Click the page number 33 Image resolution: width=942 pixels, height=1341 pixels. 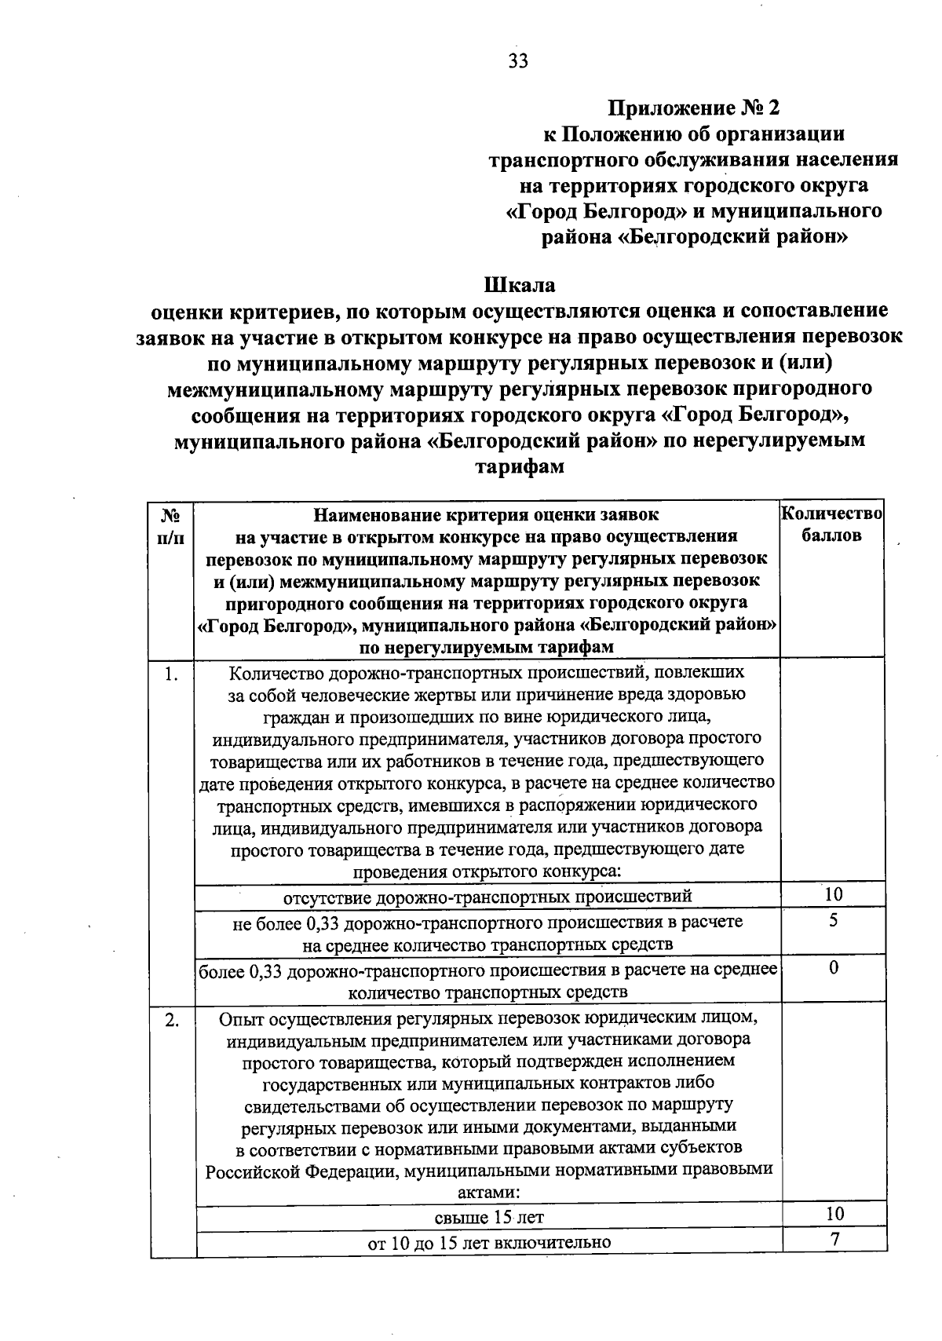518,62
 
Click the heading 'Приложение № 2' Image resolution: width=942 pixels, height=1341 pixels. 696,108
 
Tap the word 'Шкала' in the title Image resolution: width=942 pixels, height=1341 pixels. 519,285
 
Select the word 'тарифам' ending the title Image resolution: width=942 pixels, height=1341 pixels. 518,466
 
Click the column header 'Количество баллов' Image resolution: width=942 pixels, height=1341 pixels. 832,524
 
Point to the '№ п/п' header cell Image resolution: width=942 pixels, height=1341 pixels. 171,526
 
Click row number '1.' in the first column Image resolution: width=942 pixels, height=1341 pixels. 171,674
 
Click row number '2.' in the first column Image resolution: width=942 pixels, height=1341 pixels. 171,1020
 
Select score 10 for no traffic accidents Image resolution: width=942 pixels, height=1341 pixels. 834,894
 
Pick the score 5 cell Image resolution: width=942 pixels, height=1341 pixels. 834,921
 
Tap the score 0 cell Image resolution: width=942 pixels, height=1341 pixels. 834,968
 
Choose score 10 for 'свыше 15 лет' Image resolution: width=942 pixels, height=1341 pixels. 834,1214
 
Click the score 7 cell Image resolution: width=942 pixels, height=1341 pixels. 834,1240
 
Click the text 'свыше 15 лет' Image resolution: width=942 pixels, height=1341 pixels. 489,1217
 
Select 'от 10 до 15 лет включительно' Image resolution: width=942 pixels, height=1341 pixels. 489,1243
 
